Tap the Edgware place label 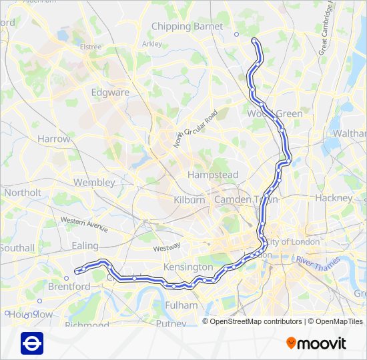[110, 93]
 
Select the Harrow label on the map [53, 139]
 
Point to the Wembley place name [94, 182]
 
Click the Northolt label [22, 193]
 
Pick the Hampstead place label [213, 175]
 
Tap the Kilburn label [190, 200]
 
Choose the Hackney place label [334, 198]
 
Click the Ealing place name [85, 246]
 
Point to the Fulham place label [181, 305]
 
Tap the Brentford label [69, 287]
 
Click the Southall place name [17, 248]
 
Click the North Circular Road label [196, 129]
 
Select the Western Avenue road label [83, 223]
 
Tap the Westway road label [166, 247]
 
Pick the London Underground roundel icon [32, 343]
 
